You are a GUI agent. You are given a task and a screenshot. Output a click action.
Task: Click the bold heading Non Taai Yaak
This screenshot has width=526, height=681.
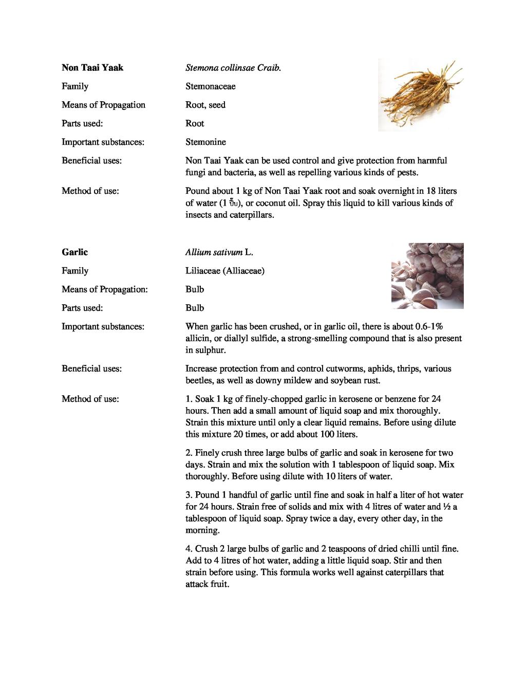coord(92,68)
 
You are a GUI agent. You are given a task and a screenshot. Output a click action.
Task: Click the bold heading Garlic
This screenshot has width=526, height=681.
coord(74,252)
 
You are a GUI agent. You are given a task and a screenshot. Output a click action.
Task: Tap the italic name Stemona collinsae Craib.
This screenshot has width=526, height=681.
coord(233,68)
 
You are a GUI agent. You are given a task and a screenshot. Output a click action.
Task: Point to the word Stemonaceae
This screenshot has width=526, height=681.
coord(211,86)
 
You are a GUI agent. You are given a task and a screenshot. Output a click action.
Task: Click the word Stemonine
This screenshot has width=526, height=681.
coord(205,142)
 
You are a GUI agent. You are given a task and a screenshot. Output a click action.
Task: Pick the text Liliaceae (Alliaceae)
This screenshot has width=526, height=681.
coord(225,271)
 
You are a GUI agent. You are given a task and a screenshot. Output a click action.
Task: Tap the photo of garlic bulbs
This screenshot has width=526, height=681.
coord(427,276)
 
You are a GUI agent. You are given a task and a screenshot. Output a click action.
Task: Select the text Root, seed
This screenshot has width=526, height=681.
coord(205,105)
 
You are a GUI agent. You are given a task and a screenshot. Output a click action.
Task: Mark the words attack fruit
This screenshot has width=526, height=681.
coord(206,584)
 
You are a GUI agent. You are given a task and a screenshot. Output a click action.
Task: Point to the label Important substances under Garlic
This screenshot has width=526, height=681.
coord(103,327)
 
